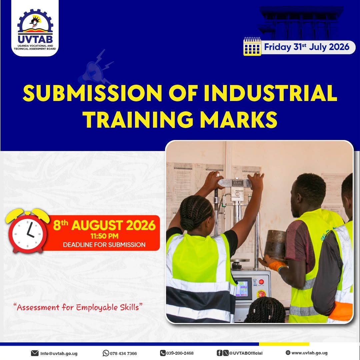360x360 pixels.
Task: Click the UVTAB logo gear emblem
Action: pos(35,22)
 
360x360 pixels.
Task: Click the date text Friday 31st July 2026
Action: pos(307,47)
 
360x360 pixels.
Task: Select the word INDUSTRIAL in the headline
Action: pos(270,93)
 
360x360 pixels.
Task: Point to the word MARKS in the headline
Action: pos(239,120)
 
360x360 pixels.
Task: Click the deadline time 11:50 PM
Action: pos(104,236)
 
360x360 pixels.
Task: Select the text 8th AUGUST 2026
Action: pos(104,225)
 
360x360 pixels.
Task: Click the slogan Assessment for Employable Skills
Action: pos(78,307)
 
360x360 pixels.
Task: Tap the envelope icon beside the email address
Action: pos(35,353)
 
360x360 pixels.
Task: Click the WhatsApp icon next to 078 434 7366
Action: pos(106,353)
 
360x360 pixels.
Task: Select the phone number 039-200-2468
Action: pos(180,353)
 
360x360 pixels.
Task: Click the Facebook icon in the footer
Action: pos(219,353)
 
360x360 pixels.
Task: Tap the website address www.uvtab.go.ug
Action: pos(309,353)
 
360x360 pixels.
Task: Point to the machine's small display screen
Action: pos(243,288)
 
